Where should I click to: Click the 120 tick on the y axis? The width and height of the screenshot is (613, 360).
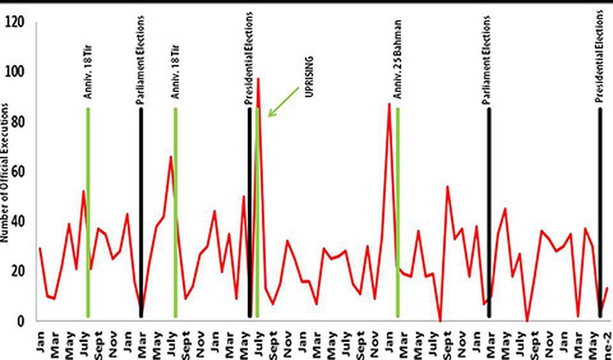point(15,22)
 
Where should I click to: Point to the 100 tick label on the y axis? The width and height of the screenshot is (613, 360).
point(15,72)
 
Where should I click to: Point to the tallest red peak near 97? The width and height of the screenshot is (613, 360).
point(258,80)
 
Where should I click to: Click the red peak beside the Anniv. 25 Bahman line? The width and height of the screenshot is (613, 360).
point(389,105)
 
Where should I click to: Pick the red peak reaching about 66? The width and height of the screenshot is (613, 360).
point(170,158)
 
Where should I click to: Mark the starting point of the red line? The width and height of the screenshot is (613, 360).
point(40,248)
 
